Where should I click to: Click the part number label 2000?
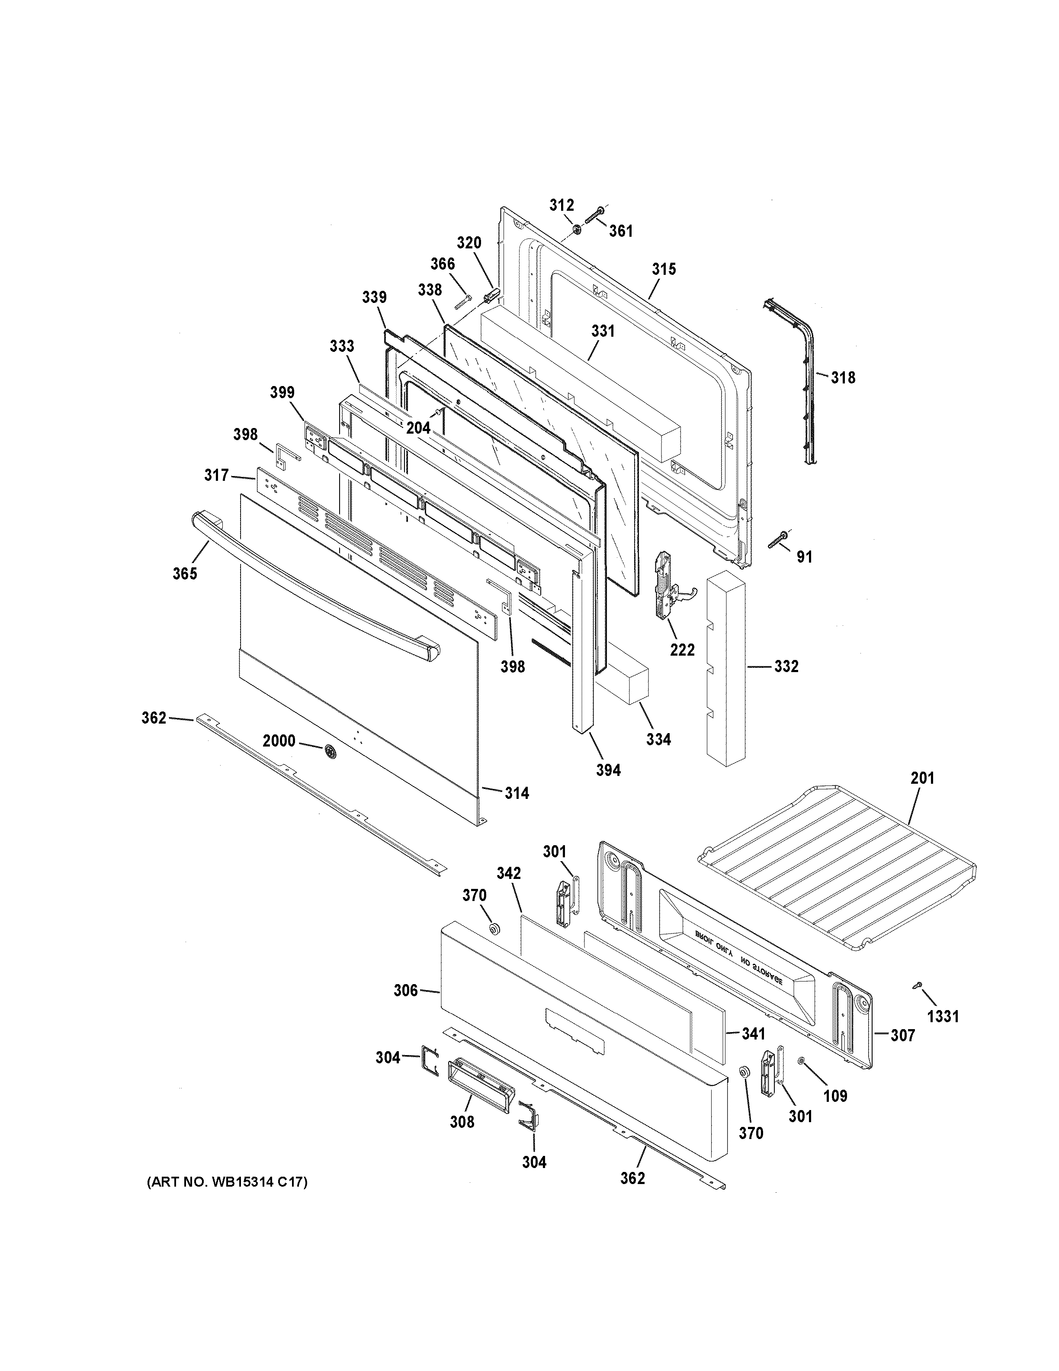pos(279,741)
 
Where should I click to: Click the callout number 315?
pos(664,269)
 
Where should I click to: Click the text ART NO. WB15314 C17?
pos(227,1183)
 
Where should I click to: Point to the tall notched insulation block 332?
pos(726,669)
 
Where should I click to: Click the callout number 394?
pos(608,770)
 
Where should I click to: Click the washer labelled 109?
pos(801,1060)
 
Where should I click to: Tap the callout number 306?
pos(405,991)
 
